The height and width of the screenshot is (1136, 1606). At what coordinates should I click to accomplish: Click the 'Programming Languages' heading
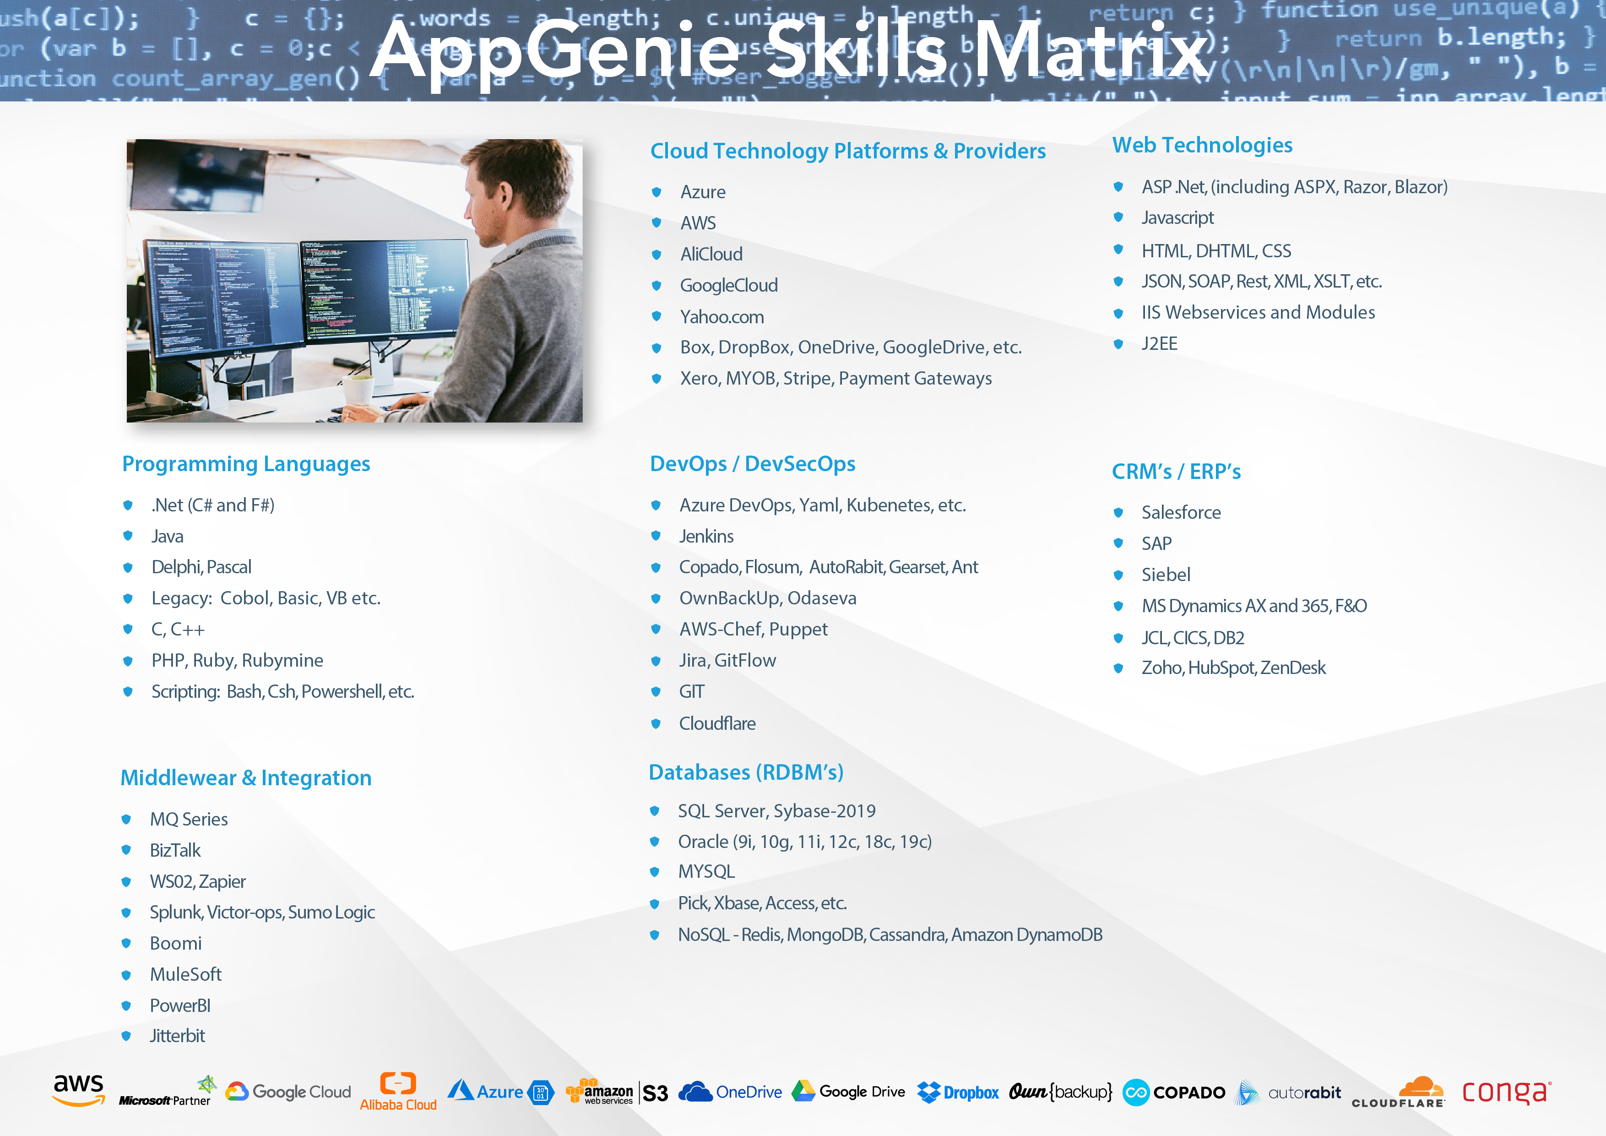pos(246,464)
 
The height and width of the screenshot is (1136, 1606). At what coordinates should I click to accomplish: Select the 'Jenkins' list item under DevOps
pos(706,537)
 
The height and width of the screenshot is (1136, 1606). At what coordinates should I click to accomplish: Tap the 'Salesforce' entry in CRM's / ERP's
pos(1181,513)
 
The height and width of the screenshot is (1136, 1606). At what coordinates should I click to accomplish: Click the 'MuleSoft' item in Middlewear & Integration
pos(185,974)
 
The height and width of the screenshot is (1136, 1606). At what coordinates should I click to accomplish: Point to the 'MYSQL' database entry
pos(706,872)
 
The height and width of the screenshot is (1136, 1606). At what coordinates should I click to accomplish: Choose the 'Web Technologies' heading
pos(1202,146)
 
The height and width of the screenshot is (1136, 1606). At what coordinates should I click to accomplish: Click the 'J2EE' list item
pos(1159,344)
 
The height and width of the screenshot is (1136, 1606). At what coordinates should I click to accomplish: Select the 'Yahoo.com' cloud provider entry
pos(722,317)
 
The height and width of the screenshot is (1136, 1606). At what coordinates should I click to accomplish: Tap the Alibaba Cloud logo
pos(398,1091)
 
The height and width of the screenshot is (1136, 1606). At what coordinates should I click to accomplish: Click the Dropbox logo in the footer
pos(958,1092)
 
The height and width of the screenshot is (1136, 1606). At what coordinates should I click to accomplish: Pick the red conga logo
pos(1507,1091)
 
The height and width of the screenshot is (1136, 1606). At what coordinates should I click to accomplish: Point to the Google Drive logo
pos(848,1091)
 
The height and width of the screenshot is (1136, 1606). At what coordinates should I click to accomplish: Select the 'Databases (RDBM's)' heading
pos(746,772)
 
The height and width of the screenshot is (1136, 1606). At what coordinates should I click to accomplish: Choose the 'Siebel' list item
pos(1165,575)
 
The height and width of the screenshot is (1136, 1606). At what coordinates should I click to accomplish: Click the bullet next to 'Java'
pos(128,536)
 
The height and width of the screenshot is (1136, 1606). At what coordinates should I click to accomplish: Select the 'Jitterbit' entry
pos(177,1036)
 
